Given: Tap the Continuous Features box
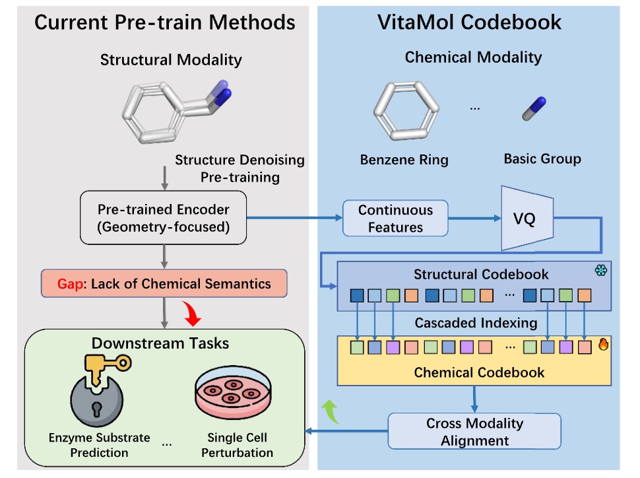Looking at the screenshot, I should [395, 219].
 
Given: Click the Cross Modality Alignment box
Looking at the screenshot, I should [474, 431].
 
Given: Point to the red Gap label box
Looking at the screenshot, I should [164, 284].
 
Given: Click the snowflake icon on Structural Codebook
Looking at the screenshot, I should [601, 271].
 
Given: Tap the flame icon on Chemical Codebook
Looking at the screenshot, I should [602, 344].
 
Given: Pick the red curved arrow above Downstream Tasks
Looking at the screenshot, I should [195, 316].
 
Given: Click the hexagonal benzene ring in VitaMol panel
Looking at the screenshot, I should [403, 107].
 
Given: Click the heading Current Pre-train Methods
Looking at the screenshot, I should [164, 22].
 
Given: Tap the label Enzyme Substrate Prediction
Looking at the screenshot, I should [100, 445].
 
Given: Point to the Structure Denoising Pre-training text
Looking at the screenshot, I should [240, 169].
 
